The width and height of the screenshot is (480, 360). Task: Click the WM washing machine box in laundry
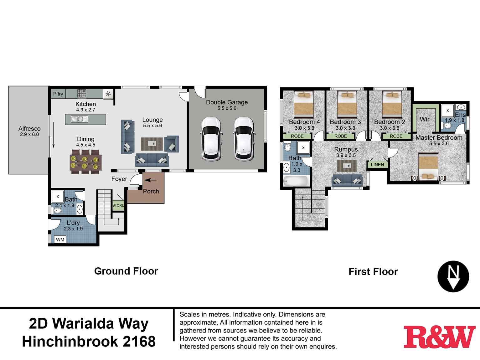(60, 240)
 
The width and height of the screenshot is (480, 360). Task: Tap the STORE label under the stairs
(118, 205)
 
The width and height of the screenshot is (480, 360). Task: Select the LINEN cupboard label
(377, 165)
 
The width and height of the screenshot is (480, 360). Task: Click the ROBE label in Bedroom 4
(297, 136)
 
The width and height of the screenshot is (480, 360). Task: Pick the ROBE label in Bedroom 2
(396, 136)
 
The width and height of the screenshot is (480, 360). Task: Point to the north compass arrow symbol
(453, 276)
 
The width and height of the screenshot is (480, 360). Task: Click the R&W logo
(439, 337)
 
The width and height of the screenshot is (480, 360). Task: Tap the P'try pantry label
(58, 94)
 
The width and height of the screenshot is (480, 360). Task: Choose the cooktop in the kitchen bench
(82, 93)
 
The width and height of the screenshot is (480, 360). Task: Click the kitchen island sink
(77, 119)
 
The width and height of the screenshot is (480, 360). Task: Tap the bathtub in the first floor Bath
(296, 181)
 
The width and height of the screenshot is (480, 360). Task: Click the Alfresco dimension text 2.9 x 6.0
(29, 135)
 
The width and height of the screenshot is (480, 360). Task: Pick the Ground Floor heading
(126, 271)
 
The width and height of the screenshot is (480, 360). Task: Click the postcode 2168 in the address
(139, 342)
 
